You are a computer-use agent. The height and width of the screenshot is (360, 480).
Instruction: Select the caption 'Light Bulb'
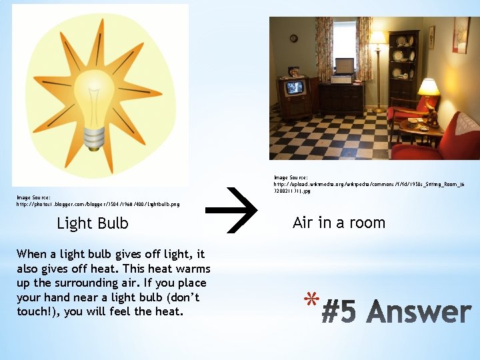pyautogui.click(x=93, y=223)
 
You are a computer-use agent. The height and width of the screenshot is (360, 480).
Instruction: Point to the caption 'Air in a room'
pyautogui.click(x=339, y=223)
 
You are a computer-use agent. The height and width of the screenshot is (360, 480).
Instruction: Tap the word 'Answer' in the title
pyautogui.click(x=419, y=313)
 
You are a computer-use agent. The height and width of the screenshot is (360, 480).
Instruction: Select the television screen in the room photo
pyautogui.click(x=294, y=87)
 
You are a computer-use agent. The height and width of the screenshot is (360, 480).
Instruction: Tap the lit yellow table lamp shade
pyautogui.click(x=428, y=87)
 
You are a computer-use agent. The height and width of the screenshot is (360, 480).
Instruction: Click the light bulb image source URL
pyautogui.click(x=97, y=204)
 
